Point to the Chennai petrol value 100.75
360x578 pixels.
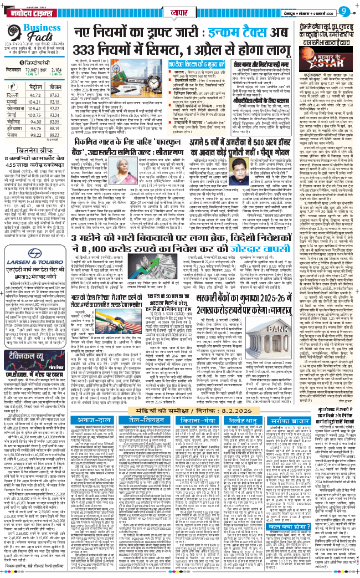click(52, 126)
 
